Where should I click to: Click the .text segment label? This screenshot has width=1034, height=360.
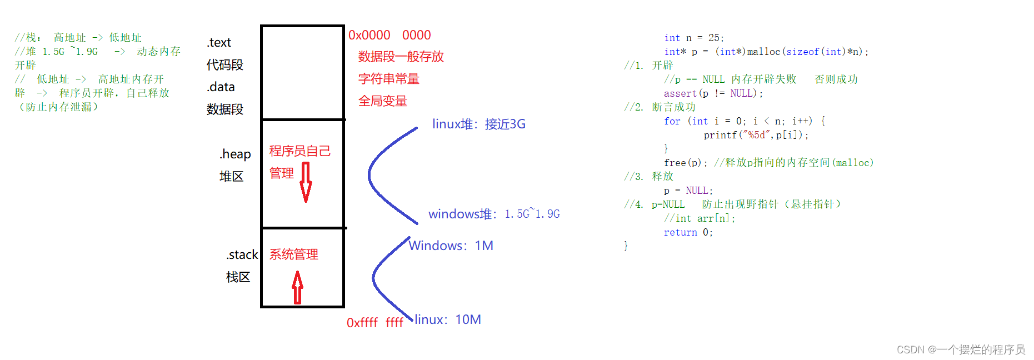pyautogui.click(x=219, y=43)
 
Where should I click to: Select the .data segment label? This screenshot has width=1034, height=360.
pyautogui.click(x=221, y=87)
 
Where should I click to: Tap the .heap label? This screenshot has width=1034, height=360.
pyautogui.click(x=235, y=154)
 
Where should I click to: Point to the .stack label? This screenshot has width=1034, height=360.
pyautogui.click(x=242, y=254)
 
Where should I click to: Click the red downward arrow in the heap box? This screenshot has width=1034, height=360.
pyautogui.click(x=306, y=182)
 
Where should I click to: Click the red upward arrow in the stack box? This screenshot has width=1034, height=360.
pyautogui.click(x=298, y=287)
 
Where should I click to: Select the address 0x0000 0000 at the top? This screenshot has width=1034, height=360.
pyautogui.click(x=389, y=35)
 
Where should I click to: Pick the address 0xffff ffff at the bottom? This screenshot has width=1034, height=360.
pyautogui.click(x=374, y=323)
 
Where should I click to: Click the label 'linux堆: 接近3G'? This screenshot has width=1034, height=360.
pyautogui.click(x=478, y=124)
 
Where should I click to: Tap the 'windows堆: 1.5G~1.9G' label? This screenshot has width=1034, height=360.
pyautogui.click(x=493, y=214)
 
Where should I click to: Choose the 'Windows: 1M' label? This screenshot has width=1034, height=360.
pyautogui.click(x=451, y=246)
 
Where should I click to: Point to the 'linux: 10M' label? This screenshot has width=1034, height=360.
pyautogui.click(x=447, y=319)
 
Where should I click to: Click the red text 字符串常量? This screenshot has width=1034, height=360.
pyautogui.click(x=388, y=79)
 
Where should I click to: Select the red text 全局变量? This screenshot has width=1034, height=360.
pyautogui.click(x=382, y=101)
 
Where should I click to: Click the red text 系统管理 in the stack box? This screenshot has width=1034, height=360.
pyautogui.click(x=293, y=254)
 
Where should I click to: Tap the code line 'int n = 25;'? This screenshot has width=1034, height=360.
pyautogui.click(x=693, y=38)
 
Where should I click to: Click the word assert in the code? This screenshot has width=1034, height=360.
pyautogui.click(x=680, y=93)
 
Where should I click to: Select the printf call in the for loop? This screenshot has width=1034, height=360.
pyautogui.click(x=756, y=135)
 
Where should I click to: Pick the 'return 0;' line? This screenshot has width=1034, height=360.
pyautogui.click(x=688, y=232)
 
